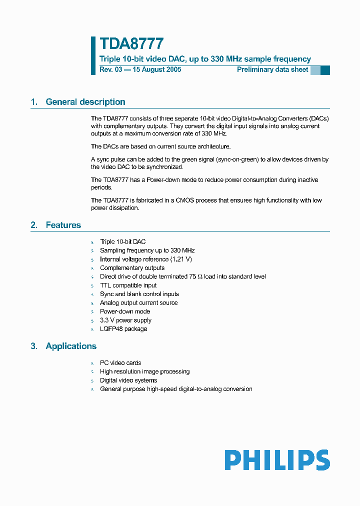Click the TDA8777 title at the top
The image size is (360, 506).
[131, 44]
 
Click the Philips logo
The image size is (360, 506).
[277, 460]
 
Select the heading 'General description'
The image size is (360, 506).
[85, 102]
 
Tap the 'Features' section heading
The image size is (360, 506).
[63, 225]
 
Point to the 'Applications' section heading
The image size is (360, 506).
[71, 346]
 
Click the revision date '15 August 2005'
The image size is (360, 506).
[156, 69]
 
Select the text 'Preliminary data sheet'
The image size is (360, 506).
[272, 69]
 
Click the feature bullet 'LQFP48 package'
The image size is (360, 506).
[123, 329]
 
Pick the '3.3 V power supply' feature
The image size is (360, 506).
[125, 320]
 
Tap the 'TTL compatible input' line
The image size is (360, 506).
[128, 285]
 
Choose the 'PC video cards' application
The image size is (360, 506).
[120, 363]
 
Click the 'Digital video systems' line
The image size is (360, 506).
[128, 380]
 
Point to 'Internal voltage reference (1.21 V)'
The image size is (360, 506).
[146, 259]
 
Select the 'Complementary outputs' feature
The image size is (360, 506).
[132, 268]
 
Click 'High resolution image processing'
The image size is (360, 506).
[144, 371]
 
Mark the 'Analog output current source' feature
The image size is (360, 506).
[138, 302]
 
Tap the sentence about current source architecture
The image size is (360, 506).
[160, 146]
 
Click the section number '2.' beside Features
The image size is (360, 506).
[34, 225]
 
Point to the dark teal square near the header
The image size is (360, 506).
[325, 70]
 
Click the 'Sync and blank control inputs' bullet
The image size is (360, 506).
[139, 294]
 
